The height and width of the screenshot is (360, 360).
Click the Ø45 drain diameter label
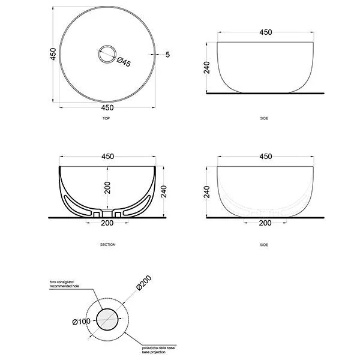pos(124,62)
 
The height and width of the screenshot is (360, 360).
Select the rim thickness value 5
pos(167,55)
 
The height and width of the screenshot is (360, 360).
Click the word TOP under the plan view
pos(106,118)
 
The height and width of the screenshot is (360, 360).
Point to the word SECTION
pos(107,245)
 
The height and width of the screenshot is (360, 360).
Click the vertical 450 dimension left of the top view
pos(53,54)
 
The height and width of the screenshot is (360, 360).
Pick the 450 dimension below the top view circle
pos(107,107)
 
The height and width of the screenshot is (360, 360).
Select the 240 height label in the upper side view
pos(206,67)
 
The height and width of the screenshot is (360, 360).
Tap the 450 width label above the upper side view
pos(266,32)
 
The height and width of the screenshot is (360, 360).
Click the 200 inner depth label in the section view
pos(107,188)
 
